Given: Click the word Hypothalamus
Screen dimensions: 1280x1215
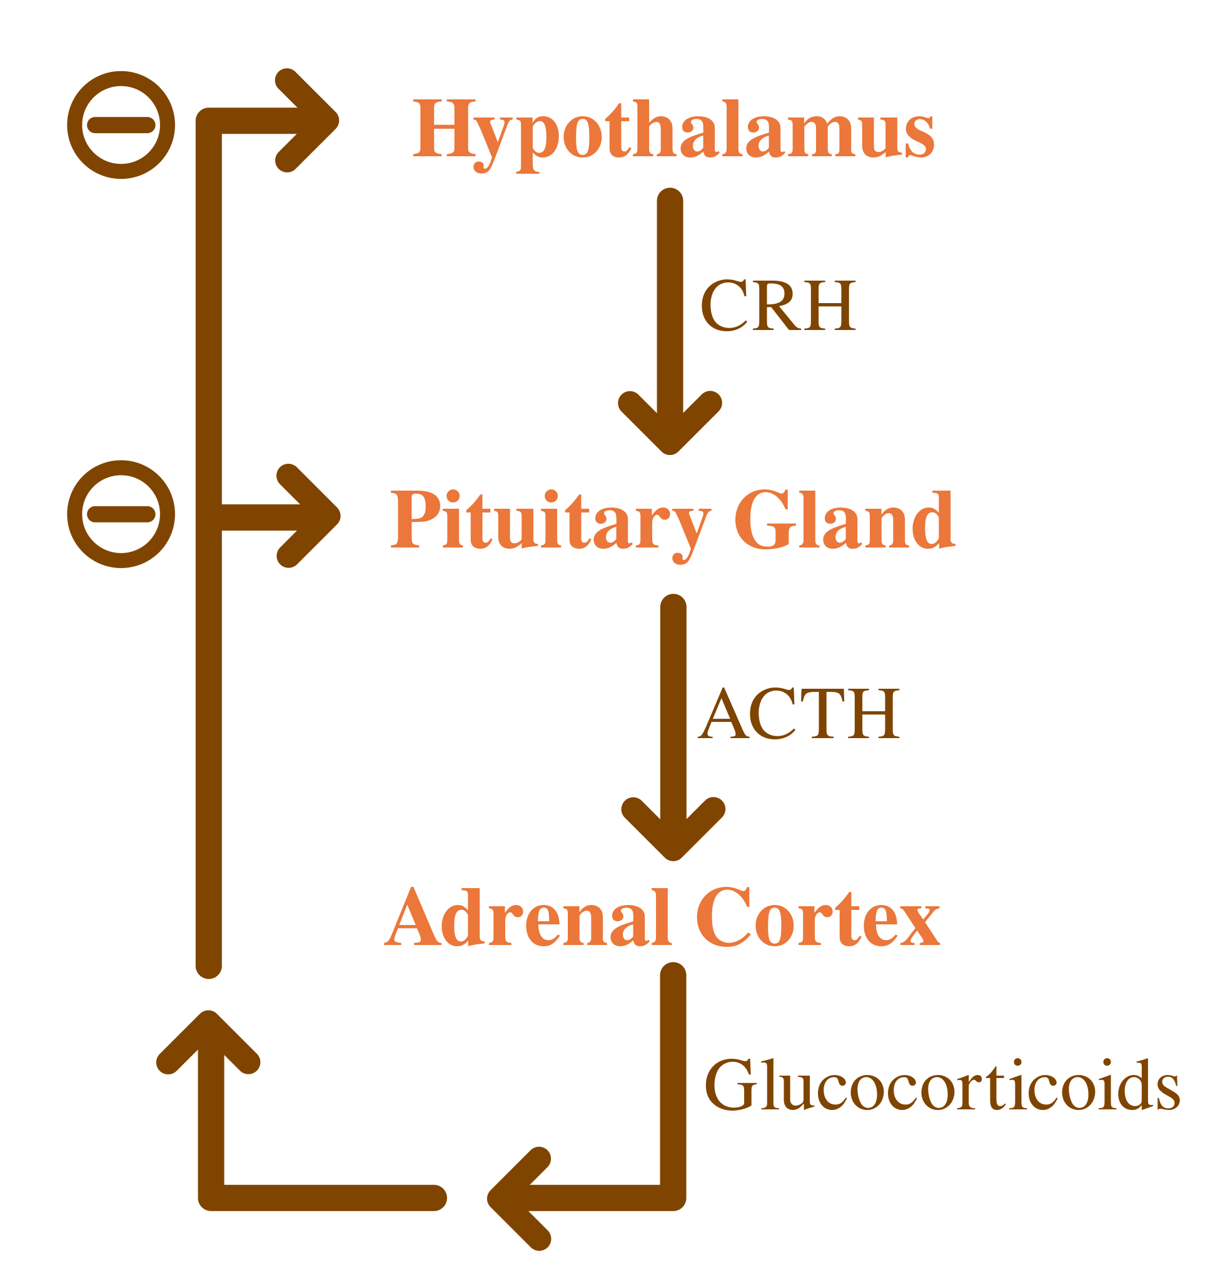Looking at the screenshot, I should click(x=673, y=129).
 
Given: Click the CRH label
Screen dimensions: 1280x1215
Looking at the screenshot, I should click(x=778, y=306).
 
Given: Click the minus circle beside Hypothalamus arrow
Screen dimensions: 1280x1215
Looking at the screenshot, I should click(x=121, y=125).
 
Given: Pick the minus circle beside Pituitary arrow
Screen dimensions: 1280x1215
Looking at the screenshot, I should click(x=121, y=514).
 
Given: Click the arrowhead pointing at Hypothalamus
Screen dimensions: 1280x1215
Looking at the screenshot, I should click(x=311, y=121).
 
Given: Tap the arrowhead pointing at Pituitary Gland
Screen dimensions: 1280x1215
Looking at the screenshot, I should click(x=312, y=516).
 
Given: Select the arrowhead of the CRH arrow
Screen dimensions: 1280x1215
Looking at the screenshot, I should click(x=670, y=424).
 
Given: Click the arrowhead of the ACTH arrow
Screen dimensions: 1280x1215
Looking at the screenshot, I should click(x=673, y=830).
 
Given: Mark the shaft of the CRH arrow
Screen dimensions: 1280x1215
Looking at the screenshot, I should click(x=670, y=291).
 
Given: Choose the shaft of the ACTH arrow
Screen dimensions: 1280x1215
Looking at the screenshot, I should click(x=673, y=699).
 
